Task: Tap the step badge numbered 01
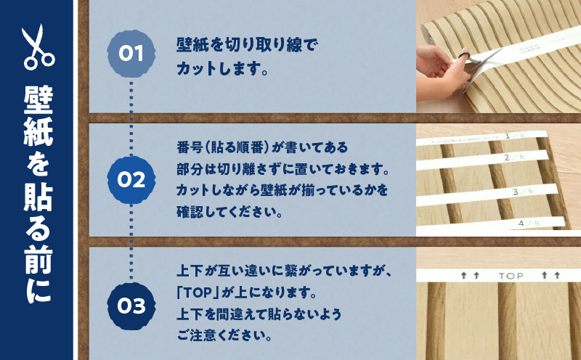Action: tap(131, 54)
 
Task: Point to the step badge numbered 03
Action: tap(131, 306)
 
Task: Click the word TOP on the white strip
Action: tap(511, 276)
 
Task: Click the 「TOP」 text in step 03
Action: tap(199, 295)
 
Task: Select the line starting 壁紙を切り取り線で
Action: tap(247, 45)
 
